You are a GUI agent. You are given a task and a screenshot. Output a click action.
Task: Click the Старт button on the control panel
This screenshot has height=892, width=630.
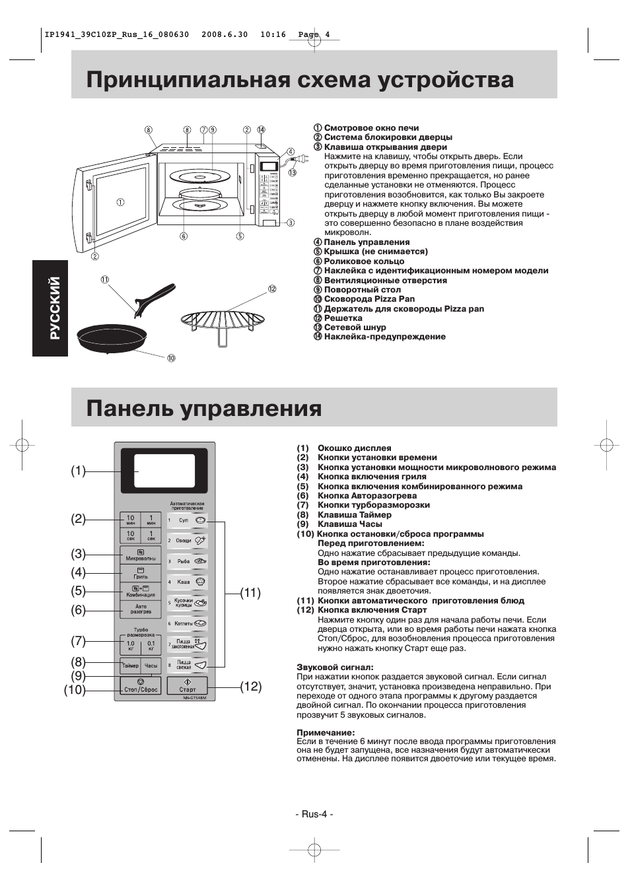tap(187, 685)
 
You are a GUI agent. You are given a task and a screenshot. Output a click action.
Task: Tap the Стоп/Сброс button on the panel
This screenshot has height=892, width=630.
tap(140, 685)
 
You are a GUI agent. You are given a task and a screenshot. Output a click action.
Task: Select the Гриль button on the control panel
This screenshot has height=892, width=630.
tap(140, 572)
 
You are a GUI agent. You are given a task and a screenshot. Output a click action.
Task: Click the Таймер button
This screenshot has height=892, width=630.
tap(130, 666)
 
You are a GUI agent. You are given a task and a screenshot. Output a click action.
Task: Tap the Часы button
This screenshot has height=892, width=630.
tap(151, 666)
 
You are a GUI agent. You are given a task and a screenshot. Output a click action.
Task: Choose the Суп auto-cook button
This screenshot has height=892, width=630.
tap(187, 520)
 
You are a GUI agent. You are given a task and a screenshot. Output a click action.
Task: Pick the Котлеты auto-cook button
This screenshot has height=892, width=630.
tap(187, 623)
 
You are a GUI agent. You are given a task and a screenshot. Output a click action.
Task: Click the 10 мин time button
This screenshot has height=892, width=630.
tap(130, 520)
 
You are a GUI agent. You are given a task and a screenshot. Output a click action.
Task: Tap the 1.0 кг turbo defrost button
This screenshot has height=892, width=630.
tap(130, 645)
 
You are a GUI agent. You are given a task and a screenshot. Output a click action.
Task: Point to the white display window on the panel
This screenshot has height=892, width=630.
tap(164, 471)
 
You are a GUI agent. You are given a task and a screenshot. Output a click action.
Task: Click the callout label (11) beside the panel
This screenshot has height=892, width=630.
tap(250, 593)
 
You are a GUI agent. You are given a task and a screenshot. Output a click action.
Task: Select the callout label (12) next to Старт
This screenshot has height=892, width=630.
tap(250, 687)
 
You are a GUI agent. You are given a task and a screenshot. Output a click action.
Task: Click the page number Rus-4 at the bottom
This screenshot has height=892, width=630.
tap(314, 813)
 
